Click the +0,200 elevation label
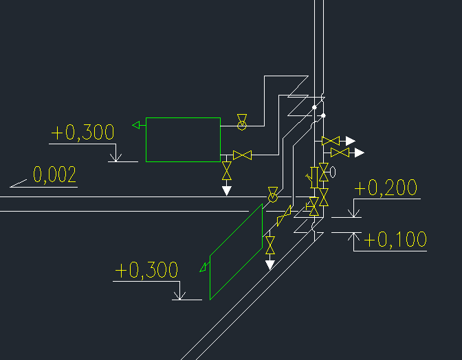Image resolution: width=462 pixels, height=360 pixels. coord(386,188)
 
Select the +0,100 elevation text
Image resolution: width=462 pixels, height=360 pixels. coord(395,239)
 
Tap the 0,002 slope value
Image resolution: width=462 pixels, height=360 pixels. coord(54,175)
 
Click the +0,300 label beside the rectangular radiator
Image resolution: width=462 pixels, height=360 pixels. coord(82,132)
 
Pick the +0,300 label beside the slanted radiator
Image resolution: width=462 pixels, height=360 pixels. coord(146,270)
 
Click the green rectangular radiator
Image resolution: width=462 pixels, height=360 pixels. coord(184,140)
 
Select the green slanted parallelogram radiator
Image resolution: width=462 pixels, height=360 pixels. coord(236,251)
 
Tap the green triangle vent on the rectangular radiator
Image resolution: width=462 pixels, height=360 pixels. coord(136,126)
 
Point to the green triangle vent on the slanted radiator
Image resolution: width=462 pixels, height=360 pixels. coord(203,267)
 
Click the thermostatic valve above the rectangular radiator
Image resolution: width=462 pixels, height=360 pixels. coord(242,122)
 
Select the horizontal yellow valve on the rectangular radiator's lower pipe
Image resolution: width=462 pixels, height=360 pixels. coord(242,155)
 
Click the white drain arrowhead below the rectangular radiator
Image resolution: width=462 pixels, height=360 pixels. coord(226,191)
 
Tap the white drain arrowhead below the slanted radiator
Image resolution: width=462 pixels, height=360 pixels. coord(270,265)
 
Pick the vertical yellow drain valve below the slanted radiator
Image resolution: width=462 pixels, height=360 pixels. coord(270,245)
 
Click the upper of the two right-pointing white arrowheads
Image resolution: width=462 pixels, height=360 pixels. coord(351,141)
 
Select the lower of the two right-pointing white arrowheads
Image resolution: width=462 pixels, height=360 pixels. coord(359,153)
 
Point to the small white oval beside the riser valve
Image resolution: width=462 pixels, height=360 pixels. coord(333,172)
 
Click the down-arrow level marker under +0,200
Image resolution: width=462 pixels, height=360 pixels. coord(353,212)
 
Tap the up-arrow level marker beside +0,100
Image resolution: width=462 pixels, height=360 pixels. coord(353,237)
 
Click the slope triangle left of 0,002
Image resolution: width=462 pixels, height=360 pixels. coord(19,183)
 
